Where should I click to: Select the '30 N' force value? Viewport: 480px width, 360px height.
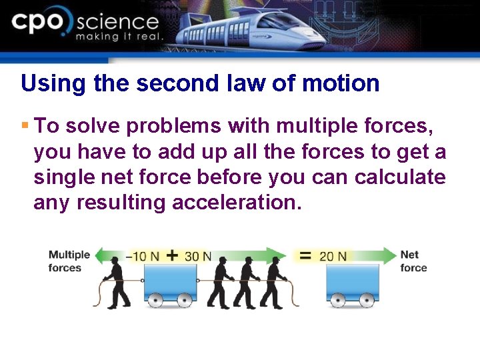pyautogui.click(x=198, y=256)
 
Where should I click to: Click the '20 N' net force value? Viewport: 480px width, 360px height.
pyautogui.click(x=333, y=256)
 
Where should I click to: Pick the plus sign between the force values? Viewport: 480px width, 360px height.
pyautogui.click(x=172, y=255)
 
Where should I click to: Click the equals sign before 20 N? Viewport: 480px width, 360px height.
pyautogui.click(x=305, y=255)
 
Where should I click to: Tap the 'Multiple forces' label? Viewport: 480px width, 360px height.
pyautogui.click(x=69, y=261)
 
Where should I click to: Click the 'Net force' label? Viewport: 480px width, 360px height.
pyautogui.click(x=413, y=261)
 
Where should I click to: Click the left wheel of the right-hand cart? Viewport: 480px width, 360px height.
pyautogui.click(x=339, y=300)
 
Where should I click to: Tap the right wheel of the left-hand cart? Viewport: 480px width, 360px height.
pyautogui.click(x=185, y=300)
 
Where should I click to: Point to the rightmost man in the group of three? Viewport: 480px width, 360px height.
pyautogui.click(x=273, y=282)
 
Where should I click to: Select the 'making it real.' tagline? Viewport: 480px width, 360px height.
pyautogui.click(x=119, y=37)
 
